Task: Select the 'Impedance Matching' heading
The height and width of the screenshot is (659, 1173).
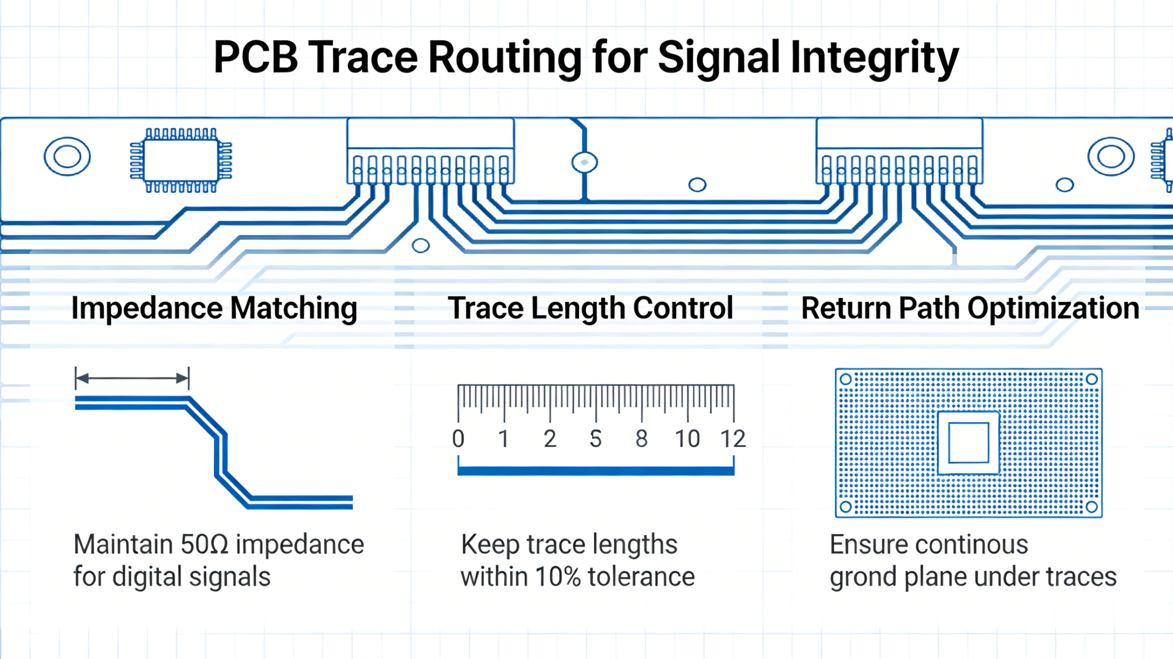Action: point(214,308)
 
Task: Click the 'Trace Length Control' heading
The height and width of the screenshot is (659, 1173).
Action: point(590,308)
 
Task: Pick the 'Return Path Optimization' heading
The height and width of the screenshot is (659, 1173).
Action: point(970,308)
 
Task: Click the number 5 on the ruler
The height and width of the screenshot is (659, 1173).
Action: point(595,439)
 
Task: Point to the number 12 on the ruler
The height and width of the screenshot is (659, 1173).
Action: point(733,439)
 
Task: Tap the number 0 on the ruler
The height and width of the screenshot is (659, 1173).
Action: point(458,439)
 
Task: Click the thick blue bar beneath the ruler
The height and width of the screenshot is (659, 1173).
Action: point(596,471)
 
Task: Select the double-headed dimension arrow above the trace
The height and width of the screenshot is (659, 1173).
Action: point(132,378)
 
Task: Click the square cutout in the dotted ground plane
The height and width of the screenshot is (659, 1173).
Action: point(968,443)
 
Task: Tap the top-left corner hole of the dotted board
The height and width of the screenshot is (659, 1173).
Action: point(846,379)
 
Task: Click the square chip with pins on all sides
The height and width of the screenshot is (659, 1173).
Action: point(181,160)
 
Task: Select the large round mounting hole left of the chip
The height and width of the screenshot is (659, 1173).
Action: point(67,157)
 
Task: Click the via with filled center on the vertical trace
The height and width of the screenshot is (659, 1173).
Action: point(584,162)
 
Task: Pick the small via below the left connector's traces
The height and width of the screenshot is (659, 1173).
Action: point(420,245)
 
